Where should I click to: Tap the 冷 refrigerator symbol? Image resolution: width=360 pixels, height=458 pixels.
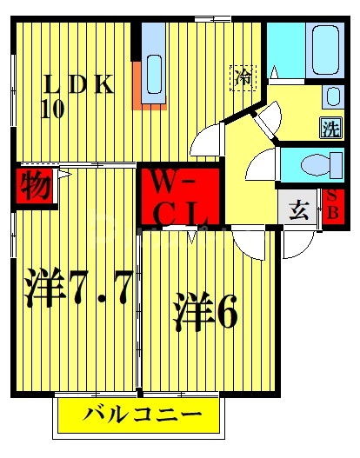tap(243, 76)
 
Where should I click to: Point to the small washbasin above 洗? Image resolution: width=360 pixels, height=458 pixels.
tap(332, 96)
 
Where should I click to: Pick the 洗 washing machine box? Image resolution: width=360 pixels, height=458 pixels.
tap(330, 127)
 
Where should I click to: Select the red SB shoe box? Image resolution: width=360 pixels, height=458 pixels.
tap(331, 208)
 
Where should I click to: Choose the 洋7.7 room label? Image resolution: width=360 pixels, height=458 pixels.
tap(77, 287)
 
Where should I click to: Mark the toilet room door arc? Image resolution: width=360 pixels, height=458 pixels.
tap(261, 165)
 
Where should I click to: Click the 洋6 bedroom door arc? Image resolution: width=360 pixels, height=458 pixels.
tap(243, 242)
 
